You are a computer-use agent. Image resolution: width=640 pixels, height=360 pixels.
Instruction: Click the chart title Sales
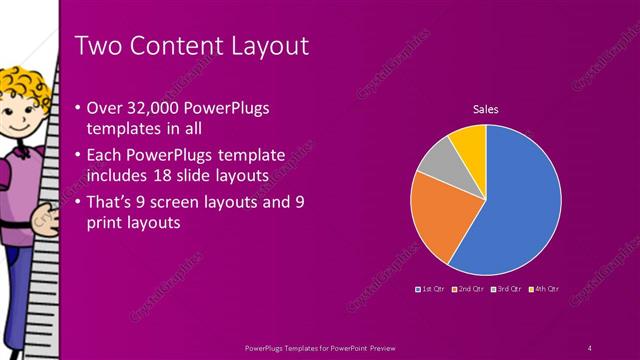point(486,110)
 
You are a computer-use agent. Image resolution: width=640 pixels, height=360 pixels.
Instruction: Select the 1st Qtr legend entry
point(429,289)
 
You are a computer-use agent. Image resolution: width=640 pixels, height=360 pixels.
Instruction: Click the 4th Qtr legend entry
point(544,289)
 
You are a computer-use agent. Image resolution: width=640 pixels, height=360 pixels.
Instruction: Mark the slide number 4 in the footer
point(590,348)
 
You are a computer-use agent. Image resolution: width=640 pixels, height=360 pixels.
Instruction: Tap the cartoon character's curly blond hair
point(22,85)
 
